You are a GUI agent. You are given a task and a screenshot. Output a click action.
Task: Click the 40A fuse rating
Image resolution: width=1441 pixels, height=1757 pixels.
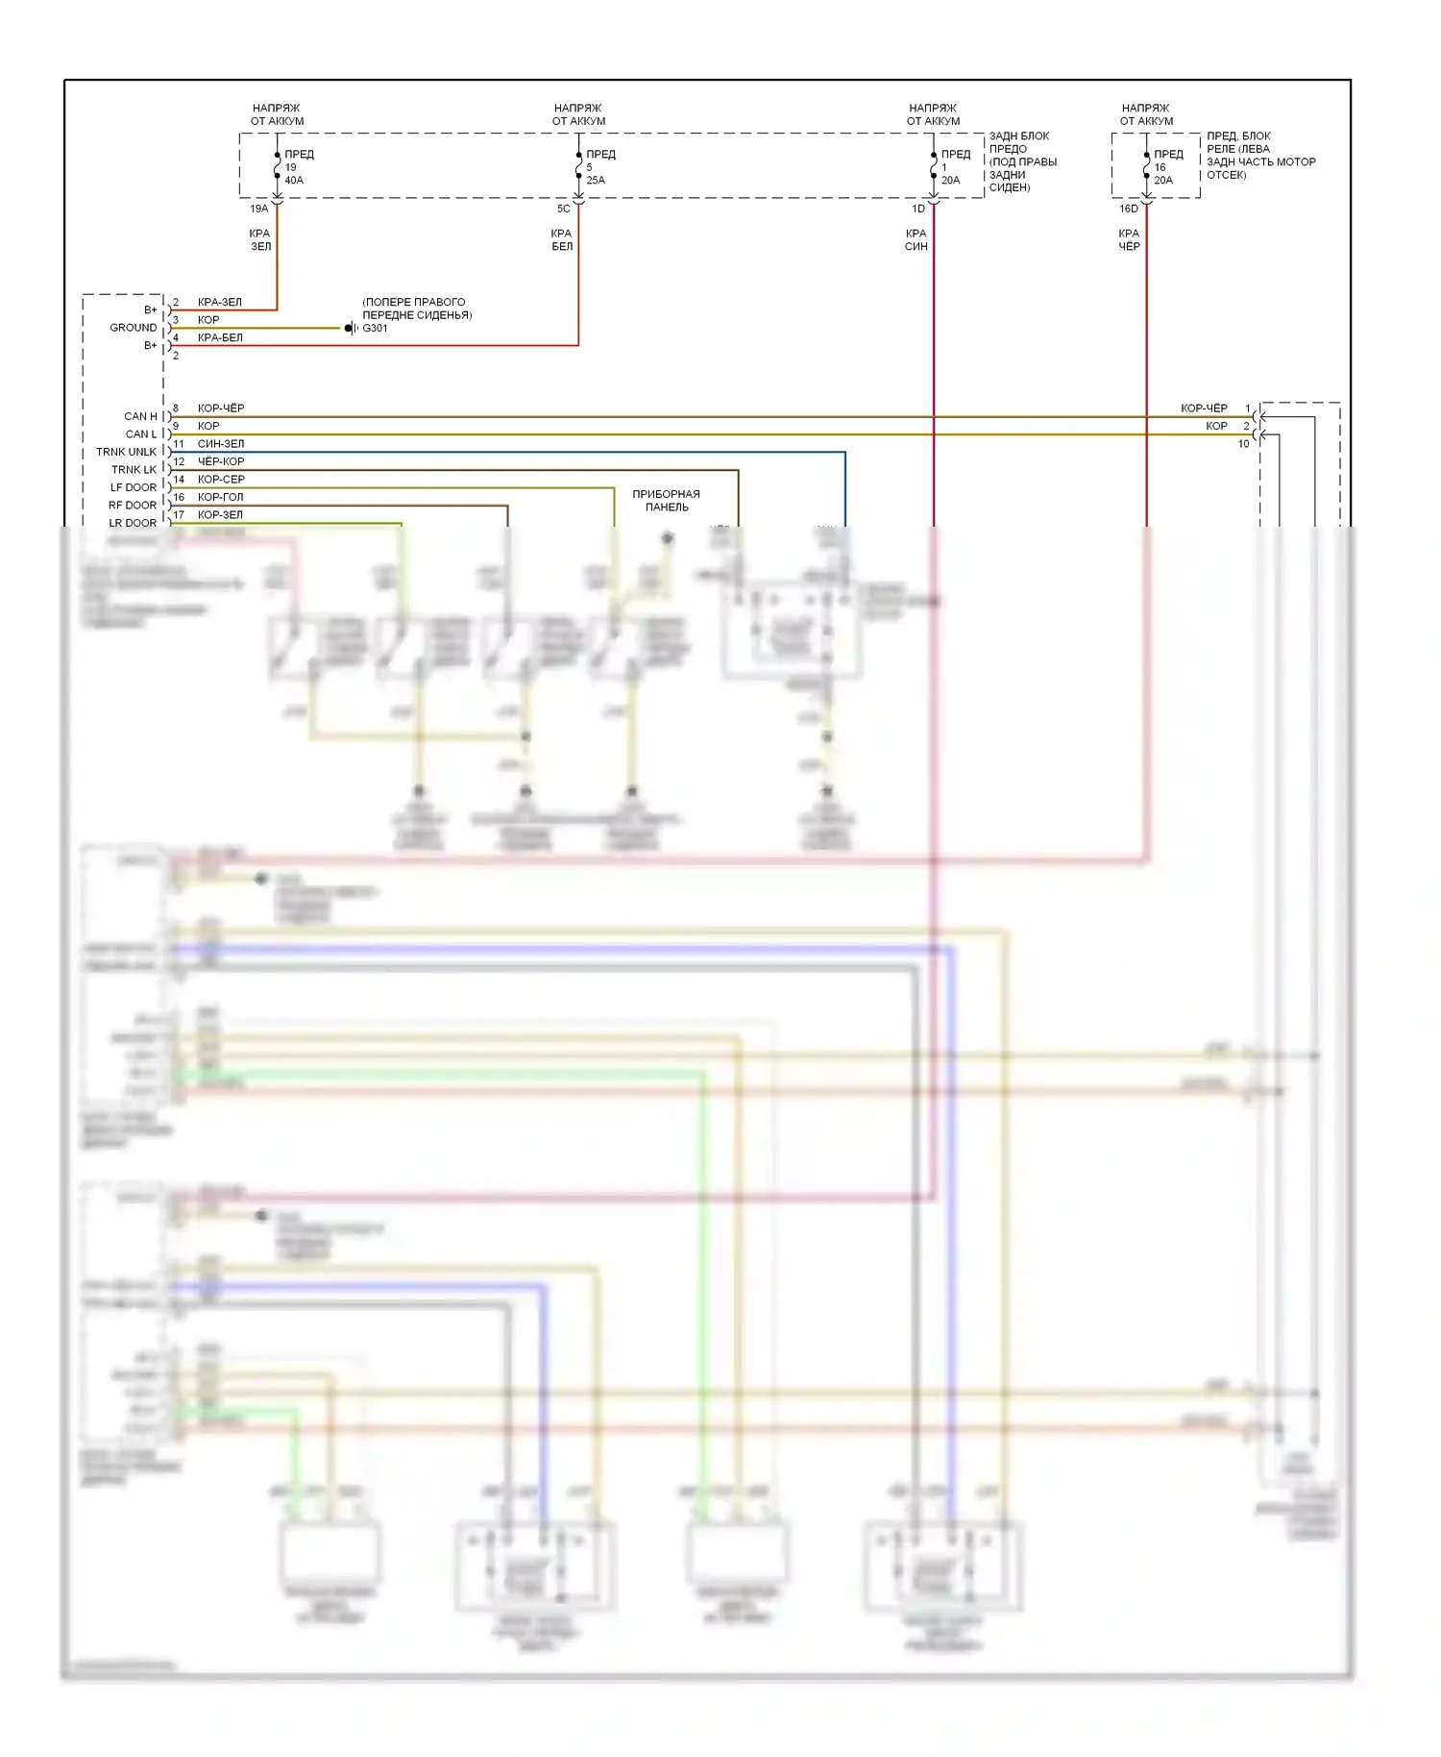point(294,181)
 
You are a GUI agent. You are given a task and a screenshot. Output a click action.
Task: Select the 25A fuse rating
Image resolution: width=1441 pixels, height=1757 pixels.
point(596,181)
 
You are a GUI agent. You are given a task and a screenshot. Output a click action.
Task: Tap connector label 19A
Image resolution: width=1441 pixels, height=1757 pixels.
point(259,209)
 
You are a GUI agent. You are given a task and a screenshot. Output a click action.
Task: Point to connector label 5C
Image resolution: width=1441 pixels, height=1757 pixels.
point(563,209)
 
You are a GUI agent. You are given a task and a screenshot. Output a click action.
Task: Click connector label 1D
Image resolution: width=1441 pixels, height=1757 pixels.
point(918,209)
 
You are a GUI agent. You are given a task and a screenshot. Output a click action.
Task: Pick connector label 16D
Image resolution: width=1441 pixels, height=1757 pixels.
point(1129,209)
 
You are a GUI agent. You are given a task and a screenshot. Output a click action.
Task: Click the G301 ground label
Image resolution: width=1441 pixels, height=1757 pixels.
point(375,329)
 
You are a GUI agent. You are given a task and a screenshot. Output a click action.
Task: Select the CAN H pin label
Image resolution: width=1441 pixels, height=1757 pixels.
point(140,416)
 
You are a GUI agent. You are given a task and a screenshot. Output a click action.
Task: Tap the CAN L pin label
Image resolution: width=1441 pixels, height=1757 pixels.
point(141,434)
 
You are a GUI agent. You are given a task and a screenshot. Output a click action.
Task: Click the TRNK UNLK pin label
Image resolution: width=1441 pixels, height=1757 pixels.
point(126,452)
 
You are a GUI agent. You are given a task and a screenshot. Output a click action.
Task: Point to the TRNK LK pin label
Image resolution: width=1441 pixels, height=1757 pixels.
point(134,470)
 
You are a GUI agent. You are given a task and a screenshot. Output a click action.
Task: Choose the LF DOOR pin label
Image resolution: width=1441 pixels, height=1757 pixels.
point(133,487)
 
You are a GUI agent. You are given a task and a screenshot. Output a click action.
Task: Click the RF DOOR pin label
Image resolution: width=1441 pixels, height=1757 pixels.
point(133,506)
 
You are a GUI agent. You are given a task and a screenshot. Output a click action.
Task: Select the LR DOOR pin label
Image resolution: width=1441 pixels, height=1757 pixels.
point(133,523)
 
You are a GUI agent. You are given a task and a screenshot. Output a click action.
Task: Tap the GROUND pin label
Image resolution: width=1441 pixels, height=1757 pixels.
point(133,328)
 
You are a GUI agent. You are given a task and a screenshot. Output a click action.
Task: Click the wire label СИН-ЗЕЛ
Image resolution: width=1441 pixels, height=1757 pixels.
point(221,444)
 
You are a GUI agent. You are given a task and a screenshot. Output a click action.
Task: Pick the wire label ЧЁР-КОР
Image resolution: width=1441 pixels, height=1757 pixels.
point(221,461)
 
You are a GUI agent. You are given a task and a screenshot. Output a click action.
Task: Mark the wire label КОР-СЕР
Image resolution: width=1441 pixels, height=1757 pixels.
point(221,480)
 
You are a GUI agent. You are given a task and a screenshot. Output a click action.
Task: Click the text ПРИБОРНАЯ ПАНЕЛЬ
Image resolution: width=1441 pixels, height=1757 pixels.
point(666,501)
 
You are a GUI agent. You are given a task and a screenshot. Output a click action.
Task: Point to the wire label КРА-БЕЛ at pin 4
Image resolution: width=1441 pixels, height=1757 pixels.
point(220,338)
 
